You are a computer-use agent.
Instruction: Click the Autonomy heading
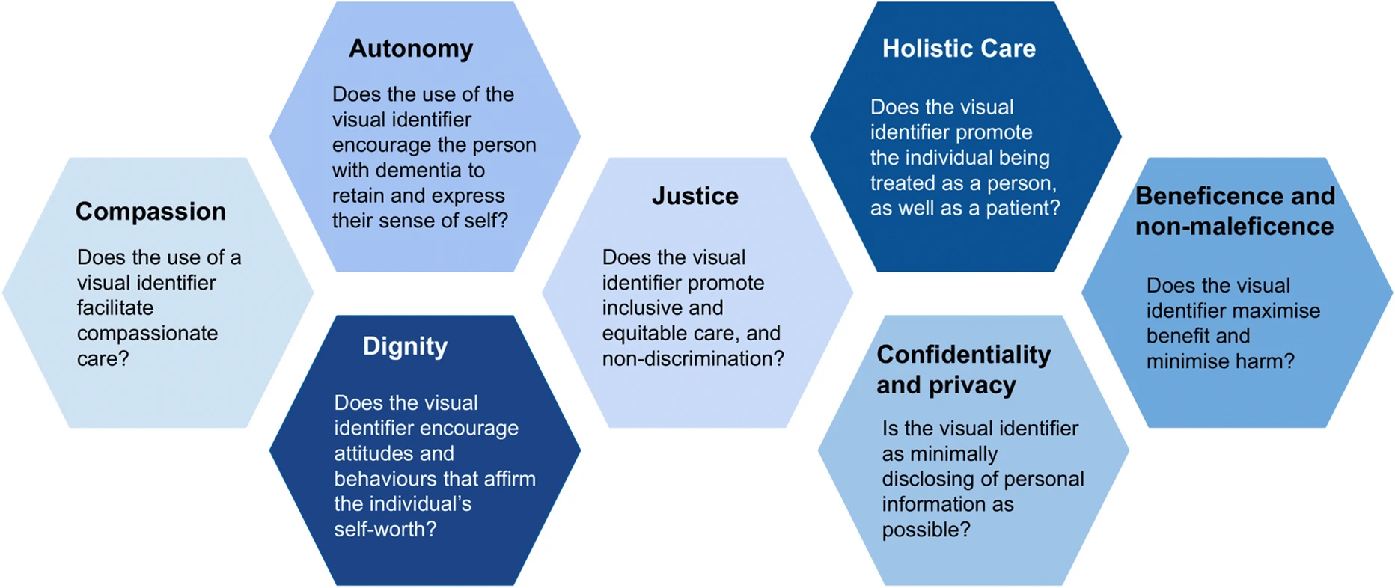pos(411,49)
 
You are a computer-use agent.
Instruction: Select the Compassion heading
pos(150,212)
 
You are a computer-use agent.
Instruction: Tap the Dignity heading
pos(405,346)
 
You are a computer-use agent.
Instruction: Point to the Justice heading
pos(695,196)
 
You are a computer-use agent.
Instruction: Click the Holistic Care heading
pos(959,49)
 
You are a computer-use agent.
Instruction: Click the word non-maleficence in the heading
pos(1234,227)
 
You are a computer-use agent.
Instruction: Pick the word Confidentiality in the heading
pos(963,355)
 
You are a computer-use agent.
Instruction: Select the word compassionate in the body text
pos(147,334)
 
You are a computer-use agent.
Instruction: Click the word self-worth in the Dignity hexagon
pos(381,530)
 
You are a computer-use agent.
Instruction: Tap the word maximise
pos(1281,311)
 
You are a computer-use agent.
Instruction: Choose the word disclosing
pos(926,480)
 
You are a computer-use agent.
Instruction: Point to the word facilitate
pos(115,308)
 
